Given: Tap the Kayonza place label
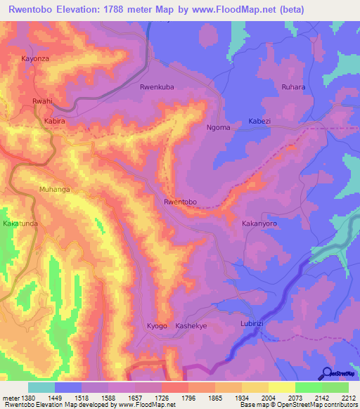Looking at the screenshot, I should pyautogui.click(x=35, y=59).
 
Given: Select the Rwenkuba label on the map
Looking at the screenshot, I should pyautogui.click(x=157, y=87).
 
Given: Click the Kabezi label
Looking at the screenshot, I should pyautogui.click(x=259, y=121).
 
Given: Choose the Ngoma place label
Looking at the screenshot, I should pyautogui.click(x=219, y=127).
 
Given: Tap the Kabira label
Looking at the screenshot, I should pyautogui.click(x=54, y=121).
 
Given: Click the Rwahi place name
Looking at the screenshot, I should pyautogui.click(x=42, y=102).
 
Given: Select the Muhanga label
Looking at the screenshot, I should pyautogui.click(x=56, y=189).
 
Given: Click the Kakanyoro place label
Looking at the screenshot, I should pyautogui.click(x=259, y=223).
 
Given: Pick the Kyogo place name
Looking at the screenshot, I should pyautogui.click(x=157, y=327).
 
